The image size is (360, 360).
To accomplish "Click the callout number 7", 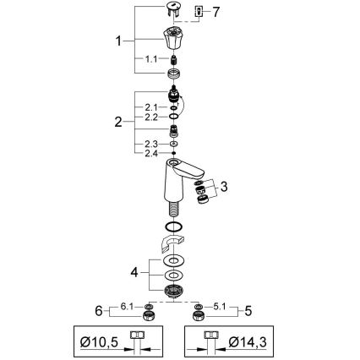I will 215,12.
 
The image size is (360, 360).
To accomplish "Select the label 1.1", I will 151,58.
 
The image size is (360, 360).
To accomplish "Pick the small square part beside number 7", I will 199,12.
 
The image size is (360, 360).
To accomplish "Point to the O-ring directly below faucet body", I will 174,229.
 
